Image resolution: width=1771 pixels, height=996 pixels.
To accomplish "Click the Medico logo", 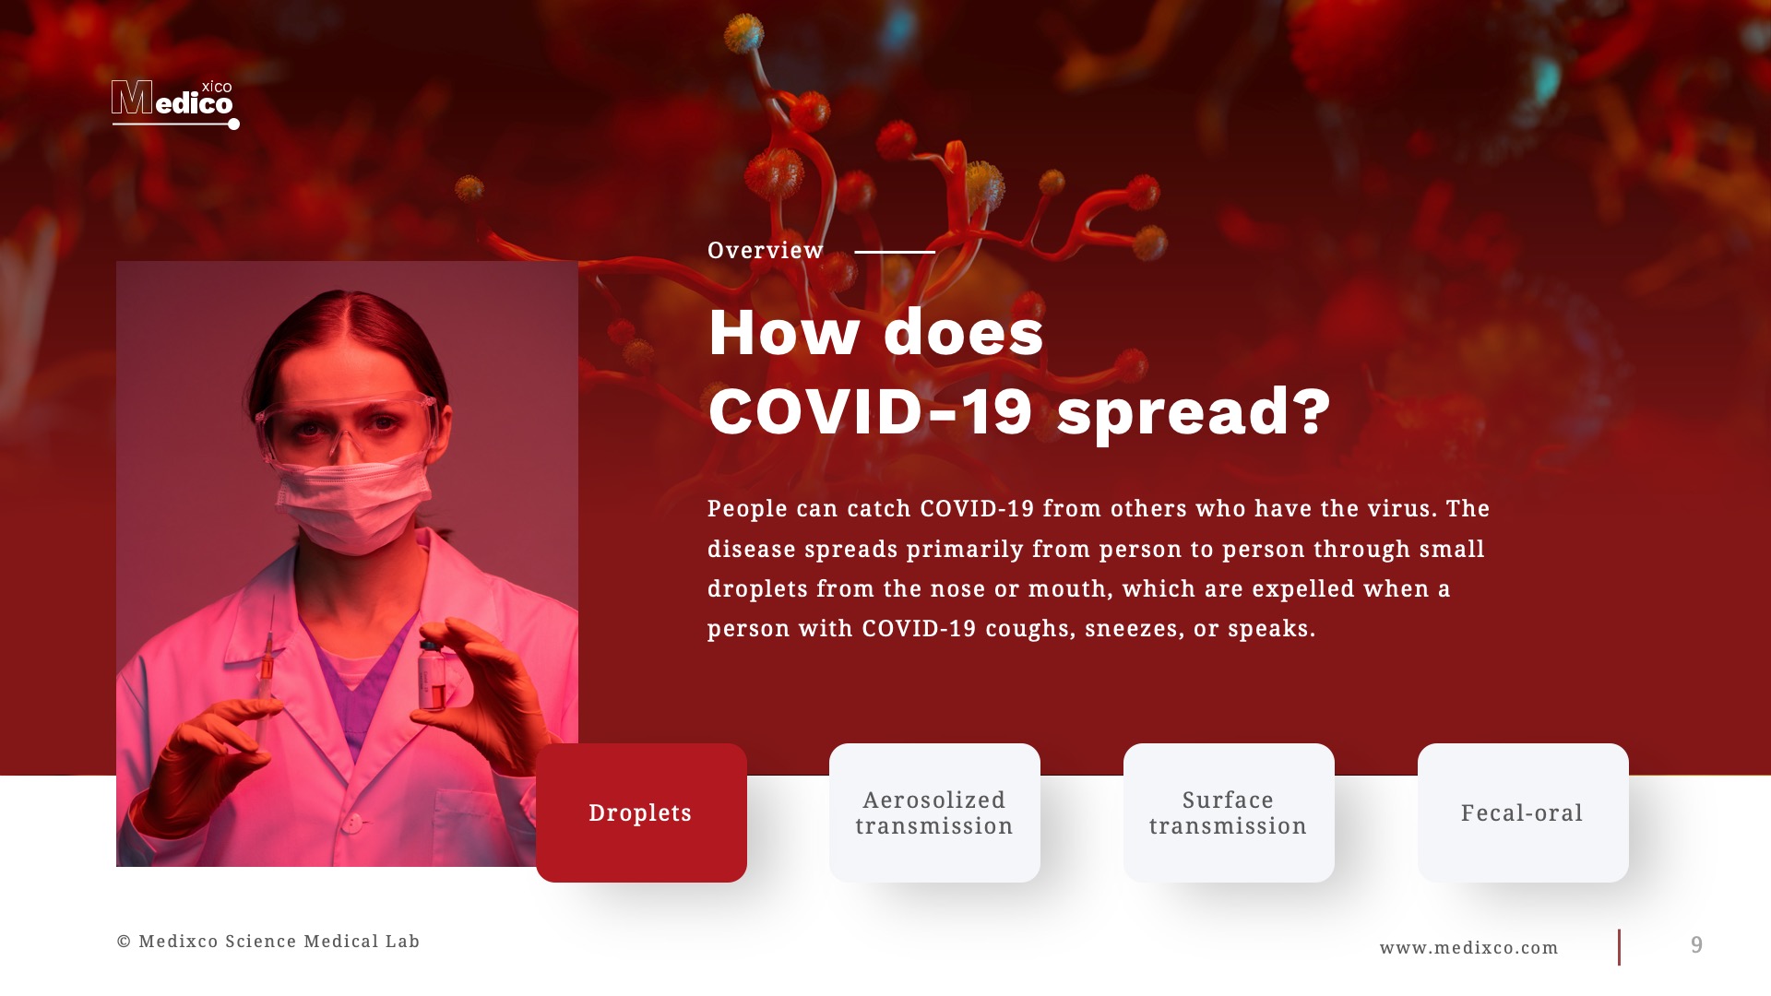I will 173,103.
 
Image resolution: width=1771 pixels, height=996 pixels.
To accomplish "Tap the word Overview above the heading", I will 765,251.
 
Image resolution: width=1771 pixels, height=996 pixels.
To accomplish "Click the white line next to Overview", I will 894,252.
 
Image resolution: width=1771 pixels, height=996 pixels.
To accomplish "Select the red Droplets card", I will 641,812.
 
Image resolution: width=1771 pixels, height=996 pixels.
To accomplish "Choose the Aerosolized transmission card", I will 934,812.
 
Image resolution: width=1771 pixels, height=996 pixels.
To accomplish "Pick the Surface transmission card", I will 1228,812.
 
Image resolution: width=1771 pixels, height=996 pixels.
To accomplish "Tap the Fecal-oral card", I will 1522,812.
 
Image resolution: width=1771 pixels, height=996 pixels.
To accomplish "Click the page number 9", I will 1696,945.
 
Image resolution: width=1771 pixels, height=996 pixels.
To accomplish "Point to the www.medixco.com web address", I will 1468,948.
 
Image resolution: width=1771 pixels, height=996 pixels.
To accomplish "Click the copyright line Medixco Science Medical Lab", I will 268,942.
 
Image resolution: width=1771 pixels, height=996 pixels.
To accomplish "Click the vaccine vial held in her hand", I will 432,675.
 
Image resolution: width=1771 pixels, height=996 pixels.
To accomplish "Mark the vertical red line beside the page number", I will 1619,947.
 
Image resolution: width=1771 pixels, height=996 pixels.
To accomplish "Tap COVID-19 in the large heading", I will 870,411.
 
